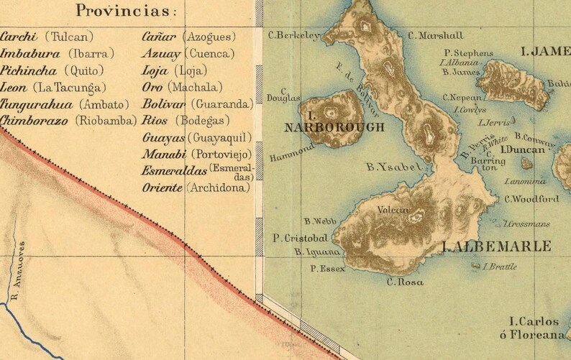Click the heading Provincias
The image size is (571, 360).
coord(128,11)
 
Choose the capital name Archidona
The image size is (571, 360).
coord(218,188)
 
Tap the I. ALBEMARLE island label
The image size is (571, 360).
coord(496,246)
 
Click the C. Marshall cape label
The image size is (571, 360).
coord(436,34)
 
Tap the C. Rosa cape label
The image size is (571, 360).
coord(405,282)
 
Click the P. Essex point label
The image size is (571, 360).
coord(328,269)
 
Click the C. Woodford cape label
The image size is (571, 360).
coord(531,199)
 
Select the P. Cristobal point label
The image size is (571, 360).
coord(301,238)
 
